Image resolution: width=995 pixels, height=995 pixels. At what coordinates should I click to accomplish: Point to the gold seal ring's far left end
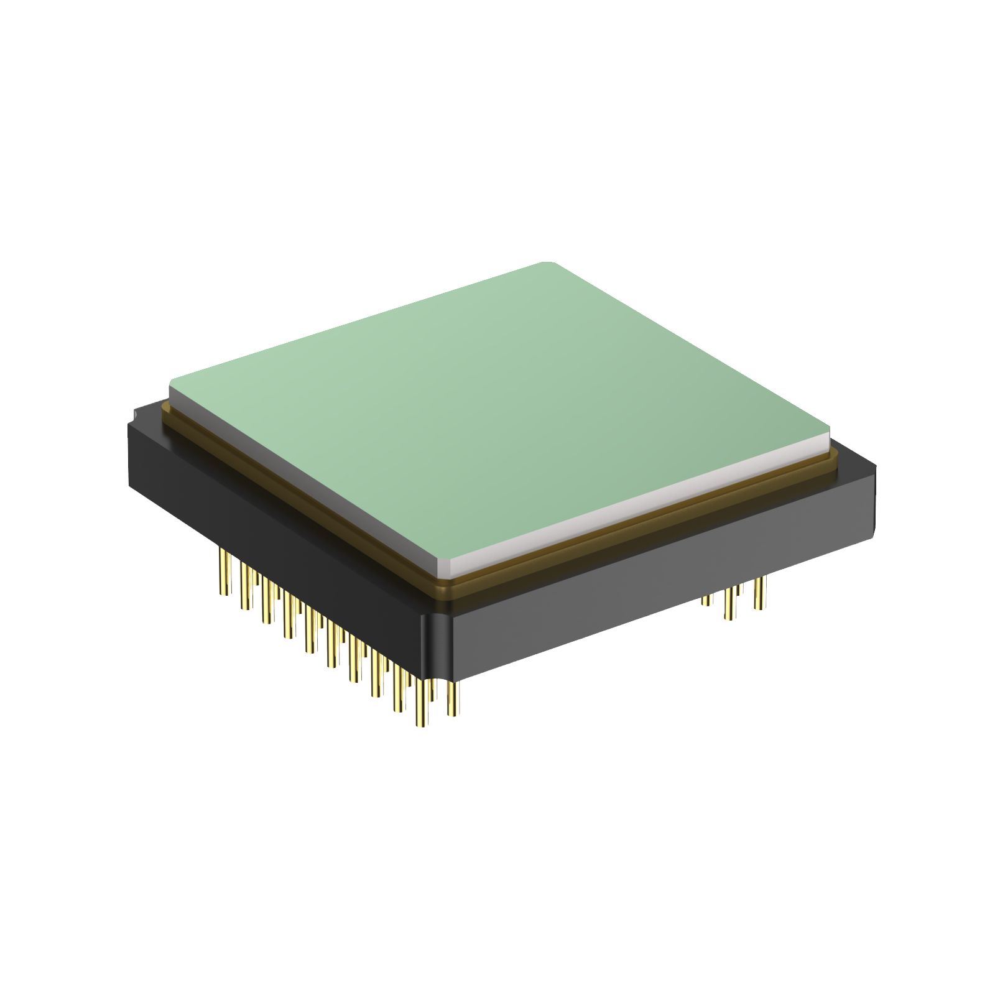165,408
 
